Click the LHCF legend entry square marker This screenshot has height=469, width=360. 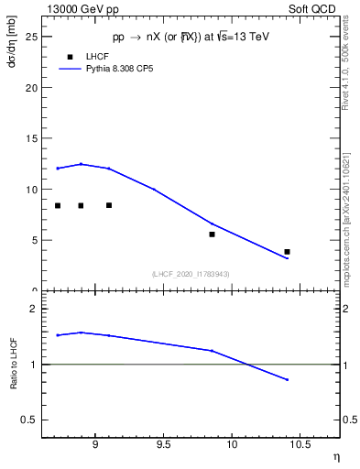coord(71,57)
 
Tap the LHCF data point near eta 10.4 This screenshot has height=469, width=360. coord(287,251)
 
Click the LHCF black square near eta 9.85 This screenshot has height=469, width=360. coord(212,234)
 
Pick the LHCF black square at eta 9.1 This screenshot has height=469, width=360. coord(109,205)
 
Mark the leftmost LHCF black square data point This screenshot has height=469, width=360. coord(58,205)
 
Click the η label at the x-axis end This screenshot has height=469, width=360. coord(335,454)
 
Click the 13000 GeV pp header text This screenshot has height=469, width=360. coord(77,7)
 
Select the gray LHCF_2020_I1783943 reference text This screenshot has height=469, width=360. coord(191,274)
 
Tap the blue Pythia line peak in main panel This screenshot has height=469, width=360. coord(82,164)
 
